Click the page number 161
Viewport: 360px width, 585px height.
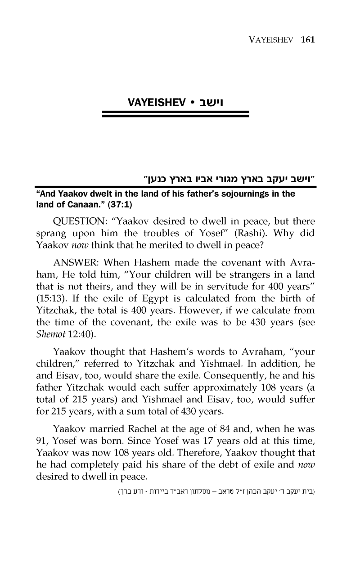click(x=307, y=39)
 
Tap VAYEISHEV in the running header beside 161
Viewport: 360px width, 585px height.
click(x=271, y=40)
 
